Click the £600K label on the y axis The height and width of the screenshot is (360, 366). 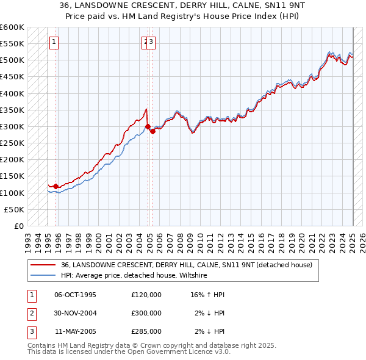[x=12, y=27]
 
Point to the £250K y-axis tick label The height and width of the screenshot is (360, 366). [x=12, y=143]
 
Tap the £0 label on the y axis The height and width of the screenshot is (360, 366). [x=18, y=226]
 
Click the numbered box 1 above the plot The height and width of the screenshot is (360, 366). [x=54, y=42]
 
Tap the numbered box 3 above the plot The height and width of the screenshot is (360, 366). [x=151, y=42]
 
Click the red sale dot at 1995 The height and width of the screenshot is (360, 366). [x=56, y=186]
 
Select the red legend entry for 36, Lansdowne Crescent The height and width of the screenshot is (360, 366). [x=187, y=265]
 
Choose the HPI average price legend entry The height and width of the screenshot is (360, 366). [x=134, y=276]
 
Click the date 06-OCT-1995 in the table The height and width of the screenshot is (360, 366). [x=75, y=295]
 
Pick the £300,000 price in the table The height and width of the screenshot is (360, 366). [x=146, y=313]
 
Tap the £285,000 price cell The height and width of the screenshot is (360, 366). [x=146, y=331]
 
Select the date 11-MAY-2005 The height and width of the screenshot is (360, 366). [x=75, y=331]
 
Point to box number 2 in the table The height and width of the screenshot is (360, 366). [x=30, y=313]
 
